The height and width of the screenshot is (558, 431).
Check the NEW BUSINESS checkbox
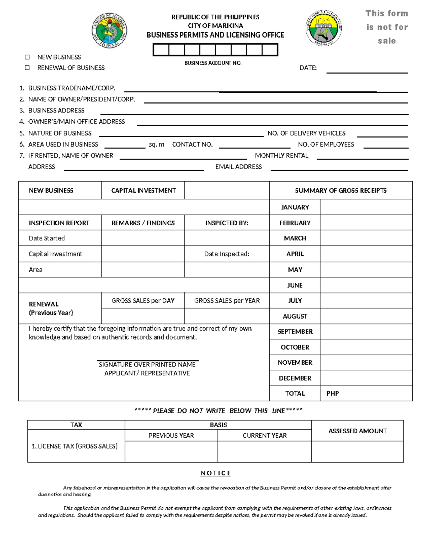point(27,57)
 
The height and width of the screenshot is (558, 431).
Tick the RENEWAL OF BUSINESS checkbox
point(27,68)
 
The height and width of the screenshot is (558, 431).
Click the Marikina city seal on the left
point(109,31)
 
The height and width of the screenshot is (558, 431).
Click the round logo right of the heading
point(324,28)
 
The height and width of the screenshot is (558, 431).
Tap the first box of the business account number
point(161,50)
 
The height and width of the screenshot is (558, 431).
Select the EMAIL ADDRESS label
point(238,167)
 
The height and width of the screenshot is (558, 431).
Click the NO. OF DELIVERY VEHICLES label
point(306,133)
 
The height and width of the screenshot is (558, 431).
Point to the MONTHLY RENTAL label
point(282,156)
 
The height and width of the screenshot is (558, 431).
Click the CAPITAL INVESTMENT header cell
point(143,190)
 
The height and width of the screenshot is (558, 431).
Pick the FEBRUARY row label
point(295,223)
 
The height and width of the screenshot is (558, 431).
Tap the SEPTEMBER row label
point(295,332)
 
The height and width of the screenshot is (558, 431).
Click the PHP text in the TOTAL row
point(333,393)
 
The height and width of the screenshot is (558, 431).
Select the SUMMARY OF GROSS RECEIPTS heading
point(340,190)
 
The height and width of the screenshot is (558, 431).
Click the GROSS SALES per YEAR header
point(227,301)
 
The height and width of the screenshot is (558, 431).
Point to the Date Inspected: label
point(227,254)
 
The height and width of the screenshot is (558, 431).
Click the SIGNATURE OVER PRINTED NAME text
point(147,365)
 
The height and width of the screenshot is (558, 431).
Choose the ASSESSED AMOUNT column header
point(357,431)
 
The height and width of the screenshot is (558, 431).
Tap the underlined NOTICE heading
point(215,473)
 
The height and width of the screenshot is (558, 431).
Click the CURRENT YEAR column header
point(264,435)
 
